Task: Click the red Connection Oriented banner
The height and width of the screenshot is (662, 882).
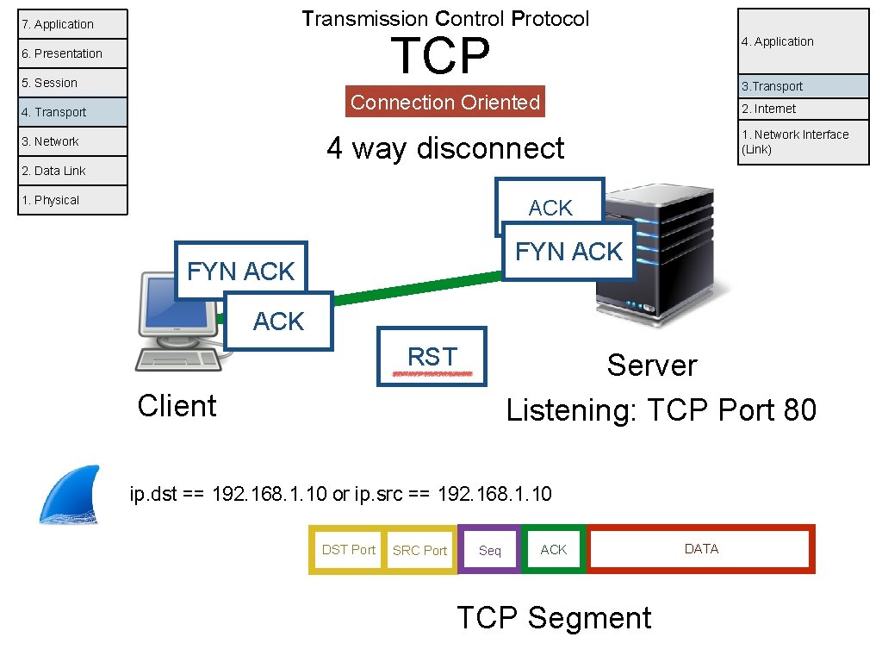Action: point(445,103)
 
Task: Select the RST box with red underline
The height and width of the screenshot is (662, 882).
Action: point(432,356)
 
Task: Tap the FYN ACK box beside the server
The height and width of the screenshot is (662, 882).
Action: point(568,252)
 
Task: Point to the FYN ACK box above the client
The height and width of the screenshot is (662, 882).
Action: point(240,271)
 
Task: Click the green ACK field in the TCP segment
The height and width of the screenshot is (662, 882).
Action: point(554,549)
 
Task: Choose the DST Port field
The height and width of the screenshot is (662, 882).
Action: point(348,549)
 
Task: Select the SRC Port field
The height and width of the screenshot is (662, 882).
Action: point(419,550)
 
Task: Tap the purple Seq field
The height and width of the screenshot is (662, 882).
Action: point(489,550)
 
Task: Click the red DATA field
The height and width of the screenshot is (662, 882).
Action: point(701,549)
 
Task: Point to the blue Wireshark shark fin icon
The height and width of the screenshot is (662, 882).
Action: point(70,495)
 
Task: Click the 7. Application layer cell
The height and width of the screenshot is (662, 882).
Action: point(72,24)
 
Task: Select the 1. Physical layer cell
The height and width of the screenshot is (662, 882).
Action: point(72,200)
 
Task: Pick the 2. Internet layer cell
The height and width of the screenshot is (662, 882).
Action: point(804,109)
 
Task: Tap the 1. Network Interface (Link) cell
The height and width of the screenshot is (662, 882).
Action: point(804,141)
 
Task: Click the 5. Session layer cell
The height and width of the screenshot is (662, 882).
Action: point(72,83)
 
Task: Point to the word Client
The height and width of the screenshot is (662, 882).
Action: point(177,406)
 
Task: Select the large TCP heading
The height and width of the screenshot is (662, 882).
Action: point(440,56)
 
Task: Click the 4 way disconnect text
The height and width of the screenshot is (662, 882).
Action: point(445,148)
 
